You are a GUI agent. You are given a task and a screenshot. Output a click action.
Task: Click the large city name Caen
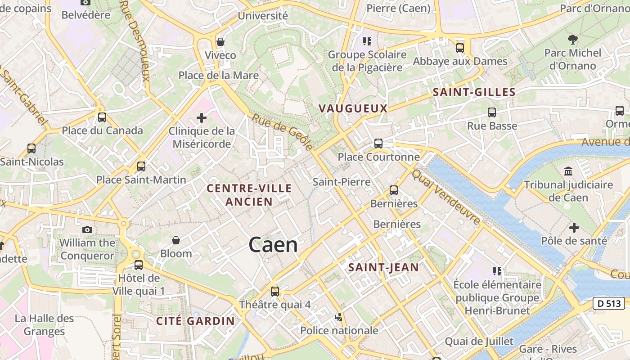tap(273, 245)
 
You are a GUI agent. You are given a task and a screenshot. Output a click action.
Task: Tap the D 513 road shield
tap(609, 304)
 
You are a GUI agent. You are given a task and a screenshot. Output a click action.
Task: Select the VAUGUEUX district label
tap(353, 108)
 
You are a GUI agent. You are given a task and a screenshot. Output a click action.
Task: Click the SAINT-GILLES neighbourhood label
tap(474, 93)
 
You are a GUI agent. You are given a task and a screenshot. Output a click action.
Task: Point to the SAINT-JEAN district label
tap(383, 267)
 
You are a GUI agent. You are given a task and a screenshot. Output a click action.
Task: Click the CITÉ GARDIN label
tap(195, 321)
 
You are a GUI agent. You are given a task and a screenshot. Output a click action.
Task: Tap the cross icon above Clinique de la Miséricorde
tap(202, 118)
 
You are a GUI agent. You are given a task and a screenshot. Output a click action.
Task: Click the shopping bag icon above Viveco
tap(220, 42)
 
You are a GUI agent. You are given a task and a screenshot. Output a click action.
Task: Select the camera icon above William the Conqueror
tap(87, 229)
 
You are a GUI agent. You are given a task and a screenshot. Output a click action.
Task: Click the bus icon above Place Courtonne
tap(378, 144)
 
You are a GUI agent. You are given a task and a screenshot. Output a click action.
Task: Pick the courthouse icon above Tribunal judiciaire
tap(568, 171)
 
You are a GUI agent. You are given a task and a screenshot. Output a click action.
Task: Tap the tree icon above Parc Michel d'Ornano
tap(572, 40)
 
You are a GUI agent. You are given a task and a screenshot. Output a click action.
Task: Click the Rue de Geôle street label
tap(282, 132)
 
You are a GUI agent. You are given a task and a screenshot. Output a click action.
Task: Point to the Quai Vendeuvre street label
tap(446, 198)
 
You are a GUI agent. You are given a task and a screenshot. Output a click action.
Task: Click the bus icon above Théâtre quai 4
tap(274, 291)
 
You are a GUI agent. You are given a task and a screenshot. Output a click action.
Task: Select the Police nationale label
tap(339, 331)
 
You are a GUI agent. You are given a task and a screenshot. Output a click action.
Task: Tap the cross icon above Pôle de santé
tap(574, 228)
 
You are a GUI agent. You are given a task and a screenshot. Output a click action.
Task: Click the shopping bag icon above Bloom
tap(176, 240)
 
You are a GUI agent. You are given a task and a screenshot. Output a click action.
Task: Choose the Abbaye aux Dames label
tap(460, 61)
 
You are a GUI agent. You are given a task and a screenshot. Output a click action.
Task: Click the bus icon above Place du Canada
tap(102, 117)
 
